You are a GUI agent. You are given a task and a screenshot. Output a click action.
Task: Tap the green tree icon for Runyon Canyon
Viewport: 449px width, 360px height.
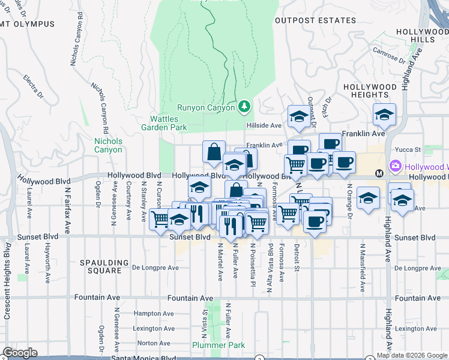pos(244,107)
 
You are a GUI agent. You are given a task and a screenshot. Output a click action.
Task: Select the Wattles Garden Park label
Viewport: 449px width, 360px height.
pos(164,123)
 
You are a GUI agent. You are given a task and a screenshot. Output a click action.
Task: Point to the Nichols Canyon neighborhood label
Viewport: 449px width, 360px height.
pos(108,145)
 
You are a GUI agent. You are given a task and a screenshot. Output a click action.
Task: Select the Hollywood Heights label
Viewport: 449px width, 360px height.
pos(370,91)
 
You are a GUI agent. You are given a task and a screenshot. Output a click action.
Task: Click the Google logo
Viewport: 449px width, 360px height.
pos(20,353)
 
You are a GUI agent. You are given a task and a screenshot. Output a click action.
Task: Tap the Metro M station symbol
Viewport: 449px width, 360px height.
pos(379,173)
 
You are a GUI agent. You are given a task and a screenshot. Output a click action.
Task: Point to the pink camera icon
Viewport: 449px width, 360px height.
pos(395,166)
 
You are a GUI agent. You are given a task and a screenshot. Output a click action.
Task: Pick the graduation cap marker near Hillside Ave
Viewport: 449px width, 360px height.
pos(298,117)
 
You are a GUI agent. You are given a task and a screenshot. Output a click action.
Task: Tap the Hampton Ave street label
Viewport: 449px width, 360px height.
pos(154,313)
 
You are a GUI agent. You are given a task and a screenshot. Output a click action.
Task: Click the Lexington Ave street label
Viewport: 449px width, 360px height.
pos(154,328)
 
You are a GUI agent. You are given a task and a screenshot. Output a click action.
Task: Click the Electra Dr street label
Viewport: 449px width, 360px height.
pos(34,86)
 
